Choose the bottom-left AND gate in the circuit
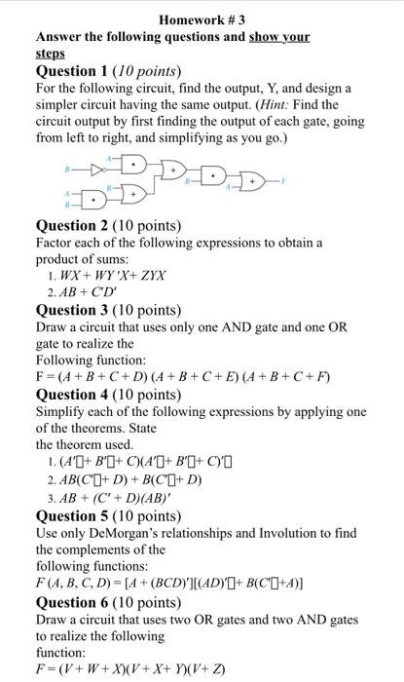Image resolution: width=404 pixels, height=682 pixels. pos(93,202)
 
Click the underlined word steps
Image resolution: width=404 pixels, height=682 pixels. pos(51,54)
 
